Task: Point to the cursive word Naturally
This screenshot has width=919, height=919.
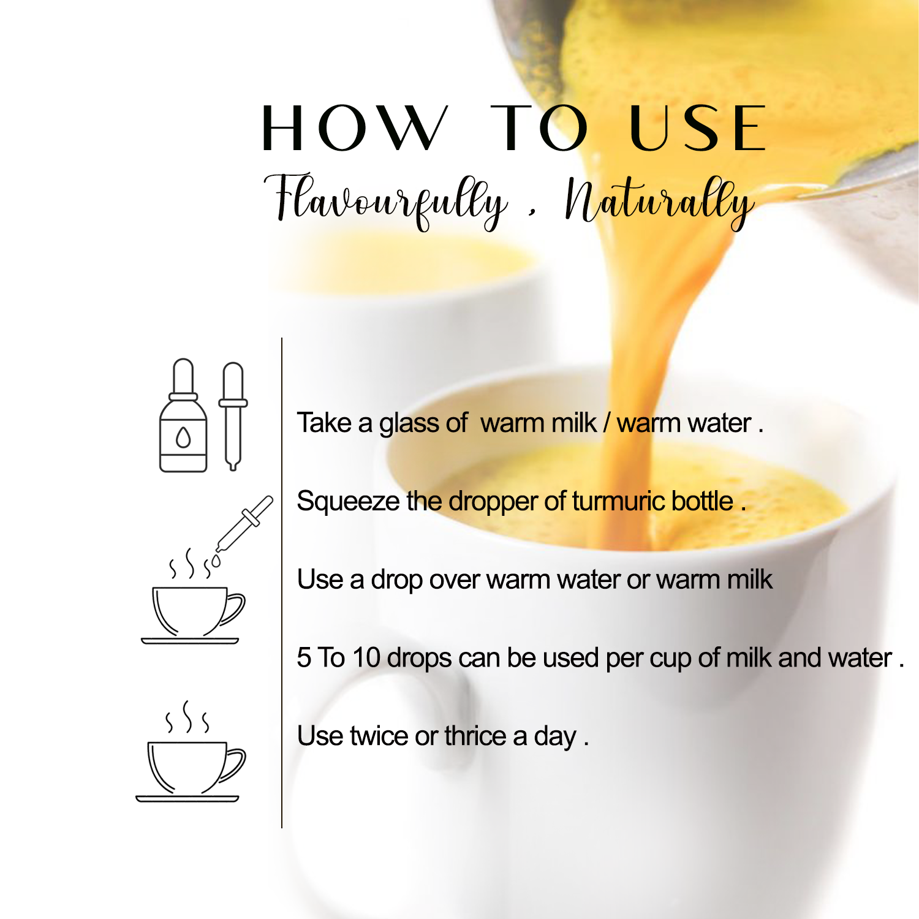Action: point(659,202)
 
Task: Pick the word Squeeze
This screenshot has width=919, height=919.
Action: point(348,502)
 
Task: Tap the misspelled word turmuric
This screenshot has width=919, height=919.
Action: point(618,501)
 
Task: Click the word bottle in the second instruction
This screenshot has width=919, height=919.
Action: point(702,501)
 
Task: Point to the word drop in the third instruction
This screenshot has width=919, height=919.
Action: point(396,580)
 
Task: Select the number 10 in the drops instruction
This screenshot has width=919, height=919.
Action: point(366,658)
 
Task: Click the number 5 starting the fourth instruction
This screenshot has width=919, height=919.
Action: point(304,658)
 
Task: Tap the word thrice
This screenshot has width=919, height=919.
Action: point(475,736)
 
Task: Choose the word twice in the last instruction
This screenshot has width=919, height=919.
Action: point(379,736)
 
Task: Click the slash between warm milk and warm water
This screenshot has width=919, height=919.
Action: point(607,423)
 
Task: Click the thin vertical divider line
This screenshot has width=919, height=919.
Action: point(282,583)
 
